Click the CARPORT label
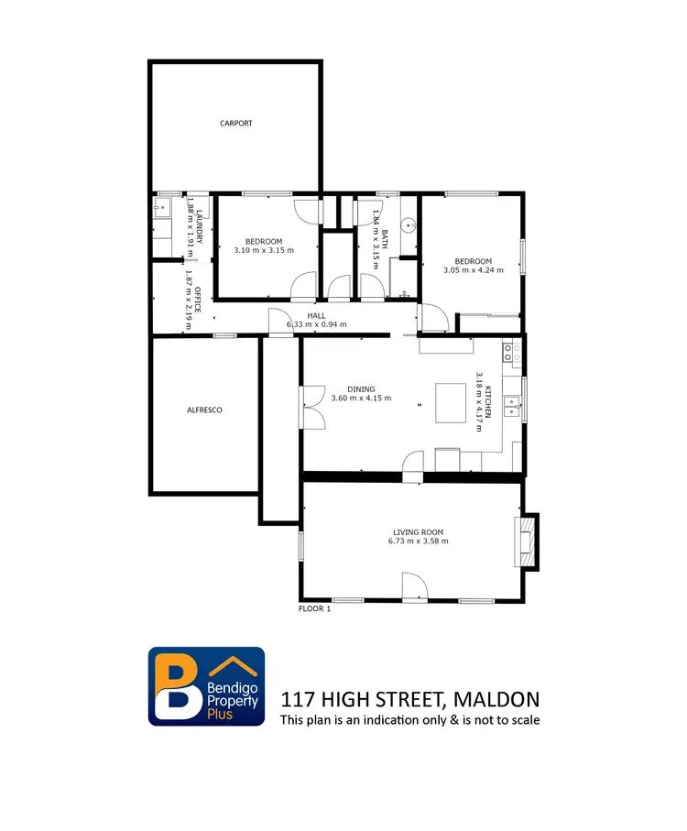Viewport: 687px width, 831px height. click(x=235, y=123)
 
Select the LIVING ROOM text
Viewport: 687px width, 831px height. click(x=418, y=531)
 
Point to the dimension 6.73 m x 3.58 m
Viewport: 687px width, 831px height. click(x=418, y=541)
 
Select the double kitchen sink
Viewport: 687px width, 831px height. click(x=514, y=407)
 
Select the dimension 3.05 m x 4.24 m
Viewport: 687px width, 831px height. click(x=473, y=270)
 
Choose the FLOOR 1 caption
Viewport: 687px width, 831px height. click(x=314, y=608)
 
